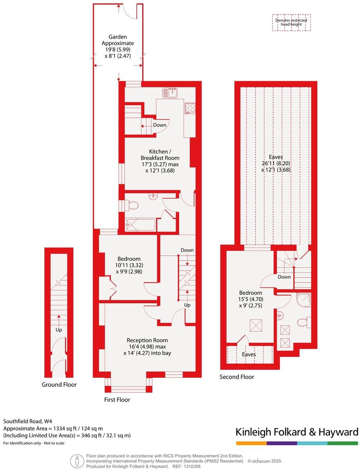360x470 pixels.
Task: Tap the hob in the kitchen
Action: coord(190,108)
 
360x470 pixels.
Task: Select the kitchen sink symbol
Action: coord(170,92)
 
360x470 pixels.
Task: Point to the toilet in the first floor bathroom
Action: coord(133,205)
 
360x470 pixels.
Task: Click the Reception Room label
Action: coord(147,347)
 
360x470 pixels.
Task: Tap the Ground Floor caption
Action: coord(59,384)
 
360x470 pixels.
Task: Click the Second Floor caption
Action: coord(237,376)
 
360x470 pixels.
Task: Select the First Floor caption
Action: coord(117,400)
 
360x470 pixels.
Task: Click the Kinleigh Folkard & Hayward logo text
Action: coord(296,432)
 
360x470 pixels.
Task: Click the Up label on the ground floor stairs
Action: coord(59,330)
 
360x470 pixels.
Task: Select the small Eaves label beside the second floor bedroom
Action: coord(249,354)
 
